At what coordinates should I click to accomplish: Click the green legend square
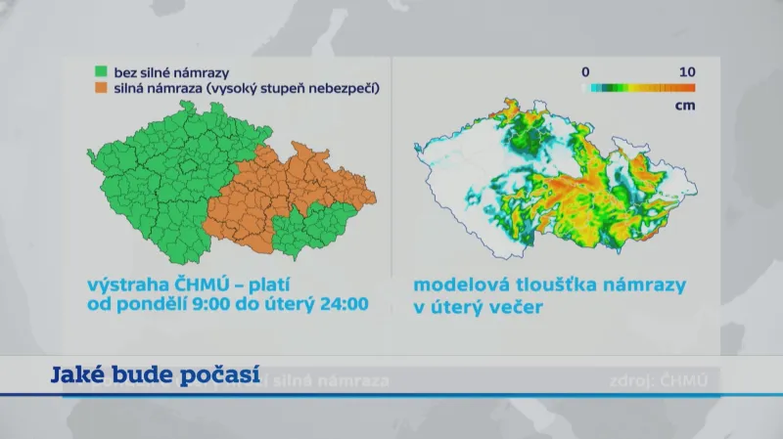(x=100, y=71)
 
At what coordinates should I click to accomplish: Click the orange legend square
(x=100, y=88)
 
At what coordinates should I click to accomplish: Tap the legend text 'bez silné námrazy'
(x=160, y=71)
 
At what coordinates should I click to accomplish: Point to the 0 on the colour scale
(x=584, y=71)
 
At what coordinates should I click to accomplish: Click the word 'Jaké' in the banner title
(x=73, y=375)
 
